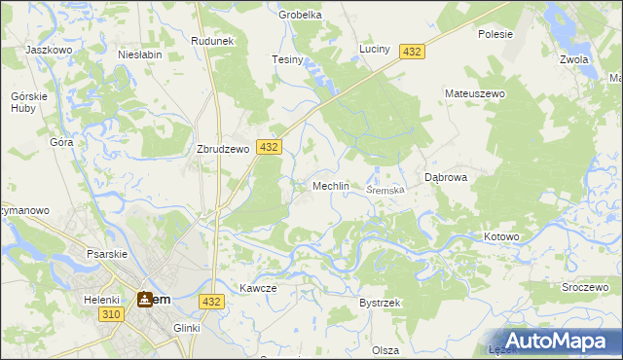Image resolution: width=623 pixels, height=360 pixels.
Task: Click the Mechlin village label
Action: tap(330, 186)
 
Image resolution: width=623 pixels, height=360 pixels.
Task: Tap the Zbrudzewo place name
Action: tap(225, 150)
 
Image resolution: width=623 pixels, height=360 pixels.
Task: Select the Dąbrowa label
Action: tap(447, 178)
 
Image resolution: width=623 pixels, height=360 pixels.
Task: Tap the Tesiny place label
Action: tap(288, 60)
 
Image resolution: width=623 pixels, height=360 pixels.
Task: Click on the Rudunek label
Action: tap(213, 41)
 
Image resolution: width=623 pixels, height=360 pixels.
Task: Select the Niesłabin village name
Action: tap(139, 55)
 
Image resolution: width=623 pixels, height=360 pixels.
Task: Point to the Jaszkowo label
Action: tap(50, 50)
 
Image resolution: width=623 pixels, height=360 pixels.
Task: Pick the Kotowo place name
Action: tap(502, 236)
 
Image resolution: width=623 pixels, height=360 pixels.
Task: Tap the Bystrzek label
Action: tap(380, 304)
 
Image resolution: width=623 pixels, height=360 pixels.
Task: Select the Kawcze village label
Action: tap(259, 289)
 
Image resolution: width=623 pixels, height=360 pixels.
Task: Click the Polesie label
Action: tap(495, 34)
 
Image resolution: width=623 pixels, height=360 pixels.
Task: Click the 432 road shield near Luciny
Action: tap(411, 52)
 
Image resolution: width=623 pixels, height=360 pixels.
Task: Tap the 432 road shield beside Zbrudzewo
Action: tap(269, 147)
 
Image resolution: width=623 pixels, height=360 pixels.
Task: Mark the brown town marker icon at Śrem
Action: tap(145, 300)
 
